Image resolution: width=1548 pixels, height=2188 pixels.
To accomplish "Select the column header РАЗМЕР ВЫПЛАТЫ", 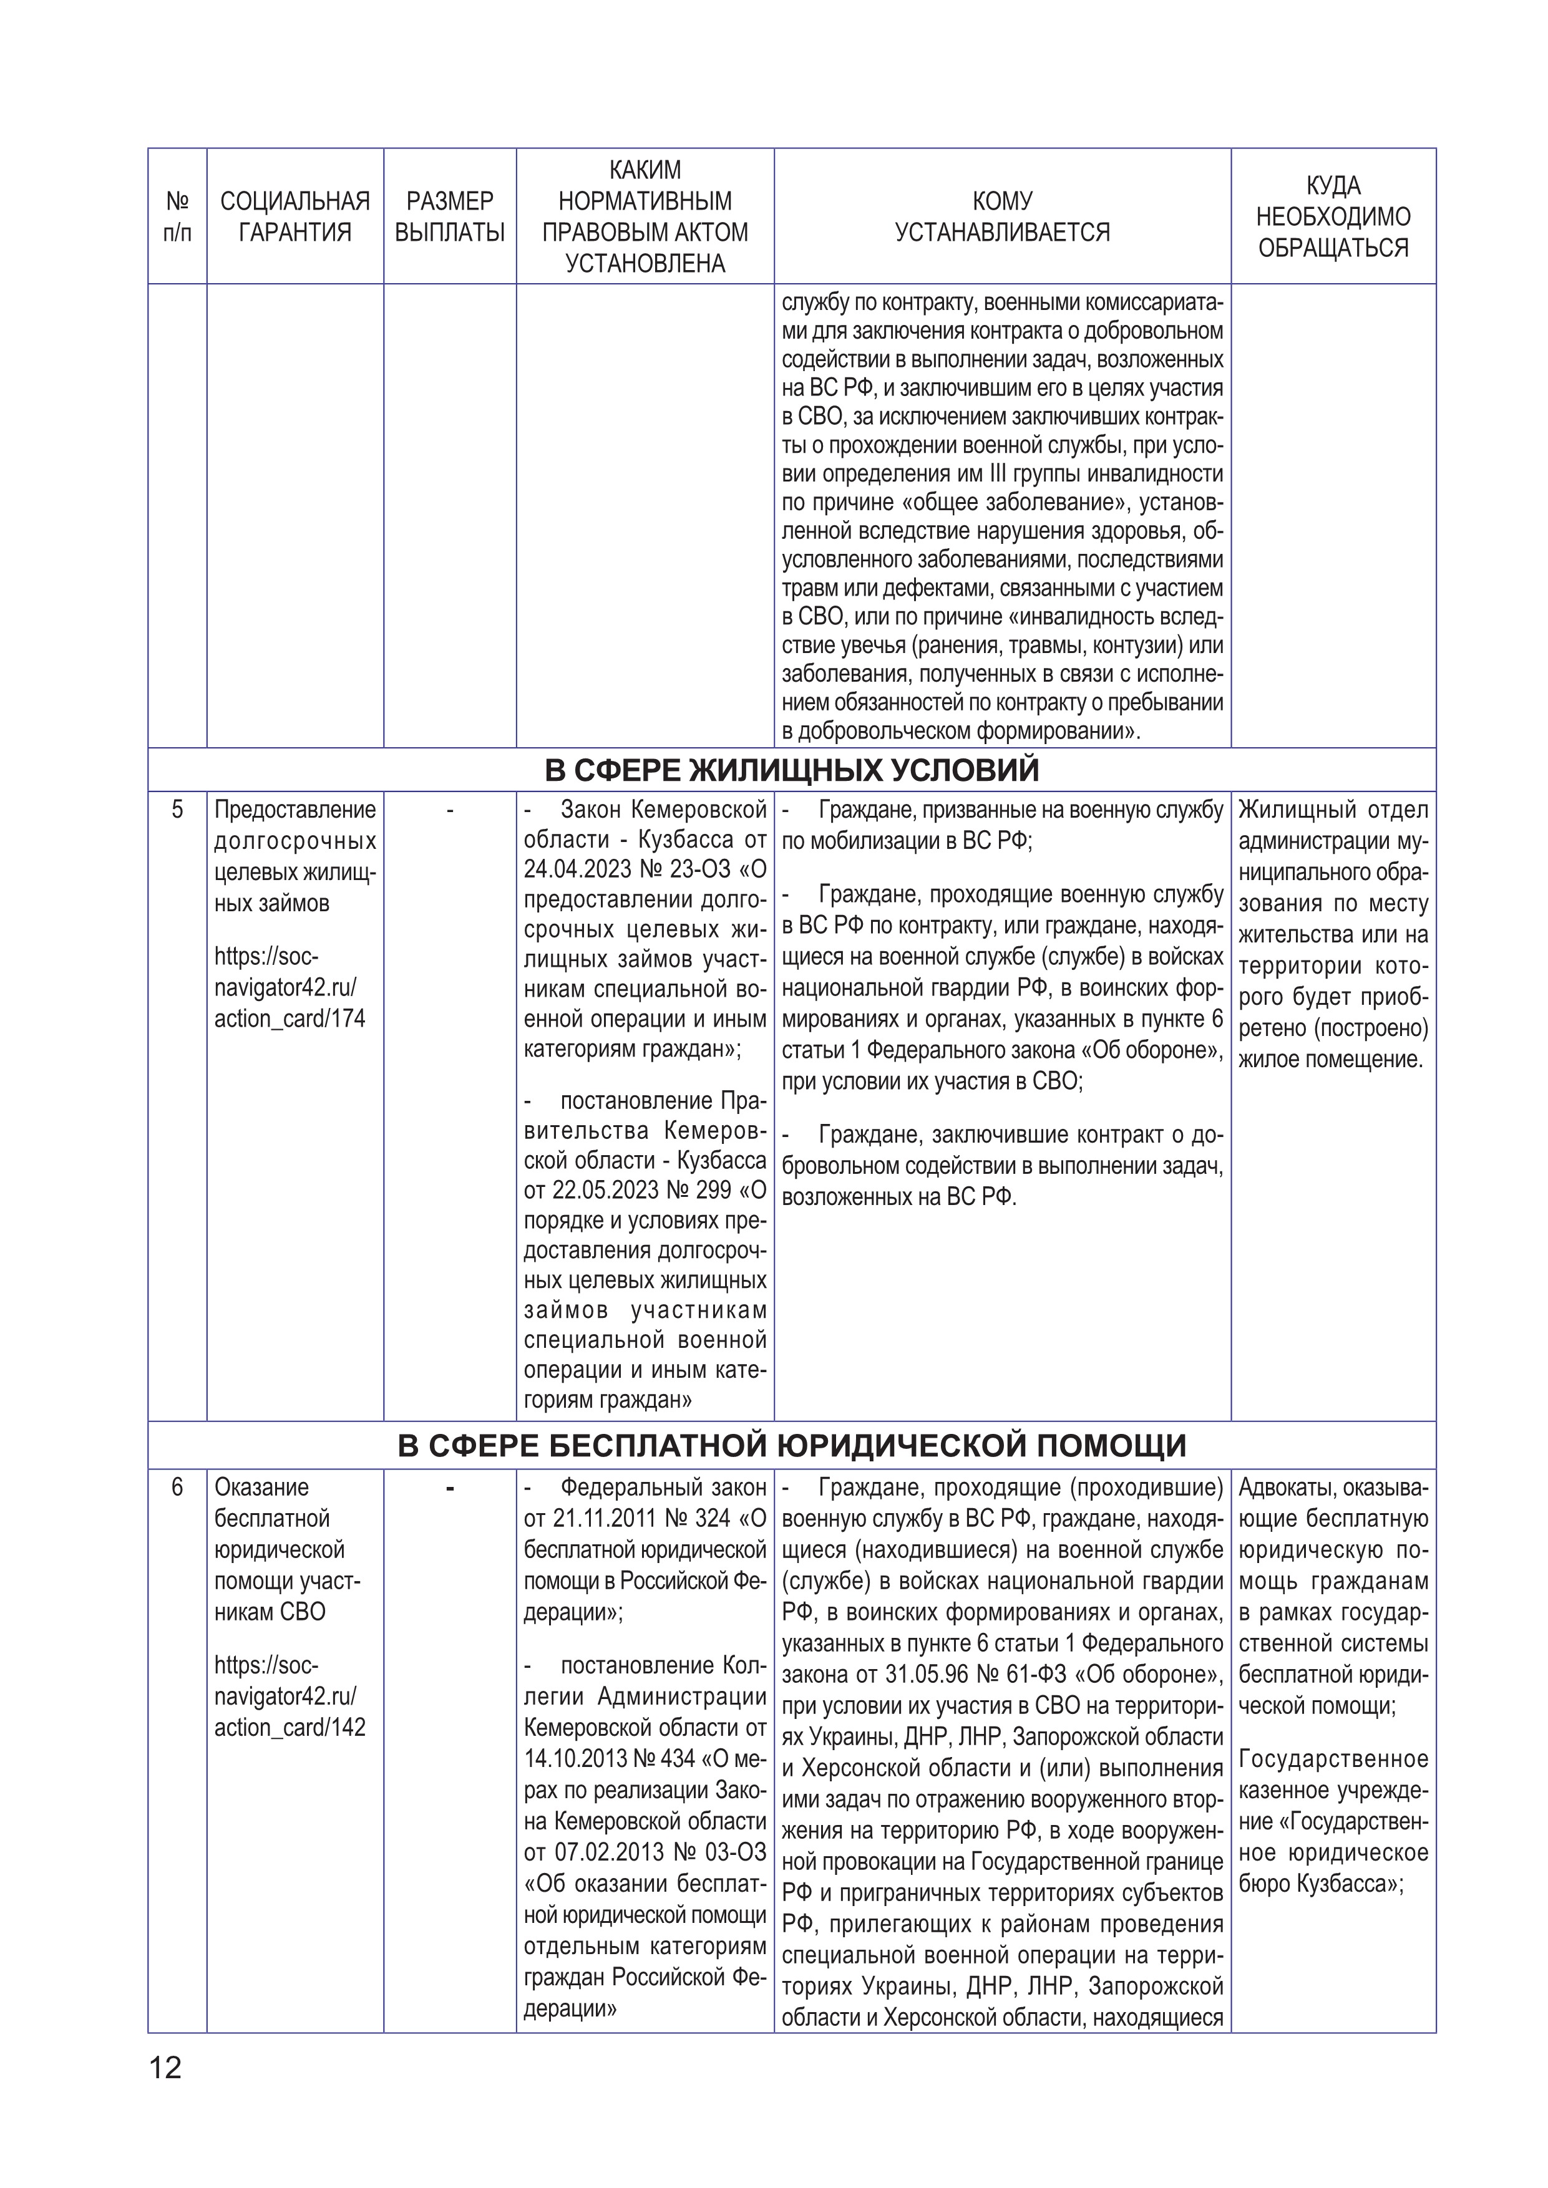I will [x=449, y=216].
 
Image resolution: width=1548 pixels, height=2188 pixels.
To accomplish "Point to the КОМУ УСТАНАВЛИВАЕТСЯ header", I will [x=1002, y=216].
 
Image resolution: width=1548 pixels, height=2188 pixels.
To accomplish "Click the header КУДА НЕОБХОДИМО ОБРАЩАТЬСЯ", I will [x=1333, y=216].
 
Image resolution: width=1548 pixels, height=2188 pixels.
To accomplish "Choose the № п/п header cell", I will [x=177, y=216].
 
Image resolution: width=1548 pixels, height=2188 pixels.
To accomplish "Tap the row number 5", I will [x=177, y=810].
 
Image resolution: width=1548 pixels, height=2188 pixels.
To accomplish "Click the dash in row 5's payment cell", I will [x=449, y=811].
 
